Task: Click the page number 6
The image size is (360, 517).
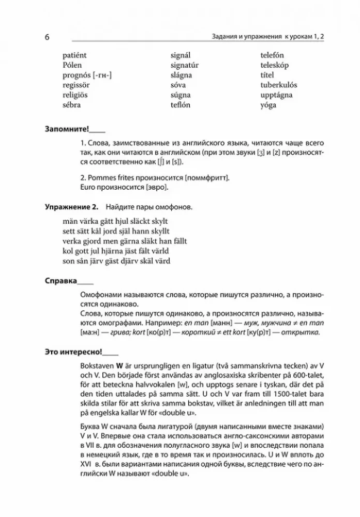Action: pos(47,38)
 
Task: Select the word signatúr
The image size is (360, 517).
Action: pos(185,65)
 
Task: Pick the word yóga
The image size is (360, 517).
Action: pos(268,105)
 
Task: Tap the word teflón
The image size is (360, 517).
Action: pos(181,105)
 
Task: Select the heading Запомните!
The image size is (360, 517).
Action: pos(67,129)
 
